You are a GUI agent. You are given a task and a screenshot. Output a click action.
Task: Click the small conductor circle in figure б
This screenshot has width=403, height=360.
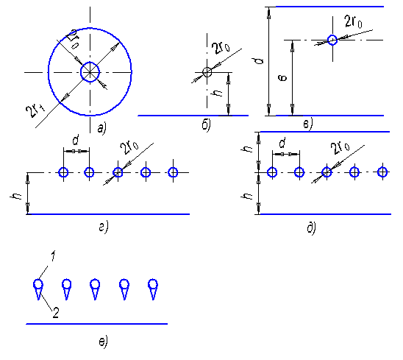207,68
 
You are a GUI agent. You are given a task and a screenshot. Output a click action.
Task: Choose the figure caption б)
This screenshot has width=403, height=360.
207,126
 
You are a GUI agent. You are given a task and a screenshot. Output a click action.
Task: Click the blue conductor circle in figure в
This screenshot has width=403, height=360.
332,35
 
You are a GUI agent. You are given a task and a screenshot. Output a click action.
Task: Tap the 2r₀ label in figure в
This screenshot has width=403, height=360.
354,21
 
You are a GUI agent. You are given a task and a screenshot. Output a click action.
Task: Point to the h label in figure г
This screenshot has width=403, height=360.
16,197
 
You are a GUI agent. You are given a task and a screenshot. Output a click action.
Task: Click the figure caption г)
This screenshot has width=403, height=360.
104,227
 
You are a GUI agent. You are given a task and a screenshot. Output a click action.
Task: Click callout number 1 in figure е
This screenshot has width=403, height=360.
52,256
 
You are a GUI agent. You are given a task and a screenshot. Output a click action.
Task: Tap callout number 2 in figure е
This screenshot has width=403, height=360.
56,313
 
